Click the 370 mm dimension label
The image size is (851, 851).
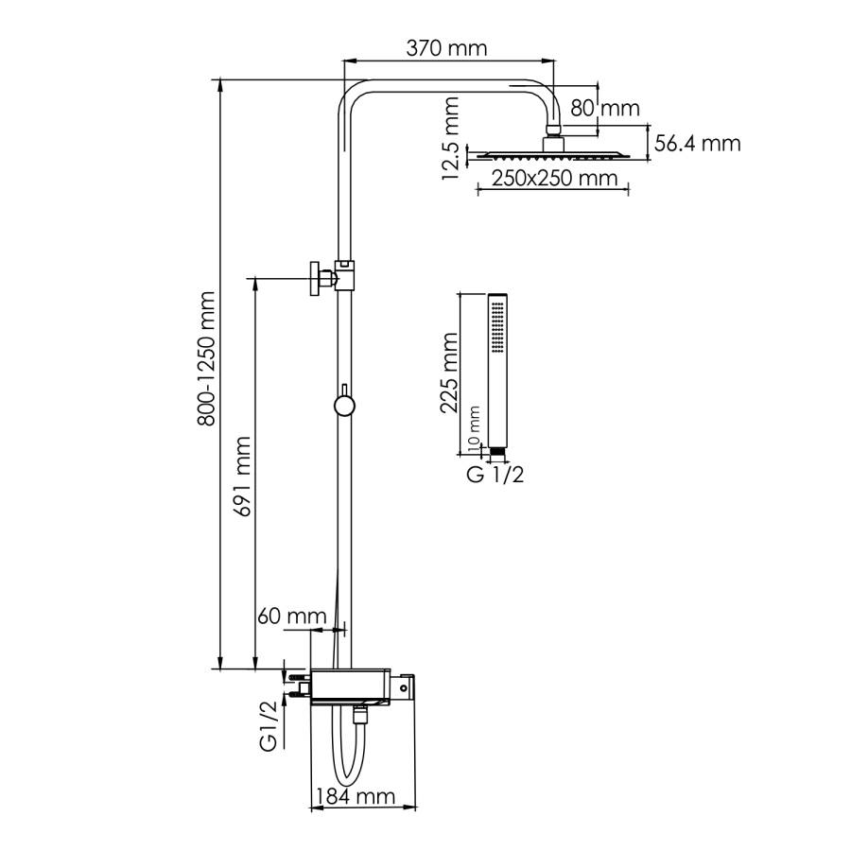pos(446,49)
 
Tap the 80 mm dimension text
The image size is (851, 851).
pos(604,108)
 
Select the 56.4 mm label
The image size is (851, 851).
pos(698,144)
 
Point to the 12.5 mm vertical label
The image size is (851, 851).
pos(450,139)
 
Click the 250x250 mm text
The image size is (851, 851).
pos(555,178)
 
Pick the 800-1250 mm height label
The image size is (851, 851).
pos(207,358)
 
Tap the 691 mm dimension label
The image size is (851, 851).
pos(242,476)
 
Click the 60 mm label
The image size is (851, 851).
pos(292,616)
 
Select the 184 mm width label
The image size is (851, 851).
pos(356,797)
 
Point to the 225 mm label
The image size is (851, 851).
pos(449,373)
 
